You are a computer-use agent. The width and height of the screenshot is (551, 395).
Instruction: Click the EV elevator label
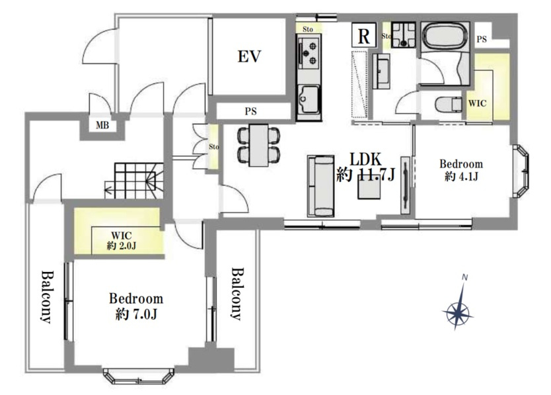coord(250,56)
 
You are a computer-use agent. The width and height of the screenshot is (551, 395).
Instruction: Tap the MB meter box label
coord(102,125)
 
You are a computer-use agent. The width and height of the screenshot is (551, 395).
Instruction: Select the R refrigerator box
coord(364,35)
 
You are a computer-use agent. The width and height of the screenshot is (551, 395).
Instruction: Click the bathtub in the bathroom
coord(445,37)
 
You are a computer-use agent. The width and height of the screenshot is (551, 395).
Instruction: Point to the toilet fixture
coord(449,105)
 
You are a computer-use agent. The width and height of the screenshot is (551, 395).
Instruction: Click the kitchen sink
coord(309,100)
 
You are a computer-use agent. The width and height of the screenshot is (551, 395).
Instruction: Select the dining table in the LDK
coord(258,145)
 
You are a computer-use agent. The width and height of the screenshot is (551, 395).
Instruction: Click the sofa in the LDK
coord(320,186)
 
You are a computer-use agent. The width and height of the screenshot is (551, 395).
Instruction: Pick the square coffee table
coord(369,187)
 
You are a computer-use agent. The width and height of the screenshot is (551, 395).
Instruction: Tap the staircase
coord(134,181)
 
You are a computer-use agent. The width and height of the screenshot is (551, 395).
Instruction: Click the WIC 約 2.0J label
coord(122,240)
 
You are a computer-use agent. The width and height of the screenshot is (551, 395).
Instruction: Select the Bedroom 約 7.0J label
coord(136,306)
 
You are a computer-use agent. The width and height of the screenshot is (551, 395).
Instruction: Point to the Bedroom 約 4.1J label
coord(461,169)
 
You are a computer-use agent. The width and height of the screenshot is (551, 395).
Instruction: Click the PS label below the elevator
coord(251,112)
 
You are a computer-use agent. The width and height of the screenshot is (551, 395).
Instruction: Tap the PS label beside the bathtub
coord(482,39)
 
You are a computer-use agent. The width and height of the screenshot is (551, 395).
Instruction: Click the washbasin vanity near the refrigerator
coord(381,71)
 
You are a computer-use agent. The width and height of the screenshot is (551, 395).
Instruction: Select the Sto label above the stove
coord(308,29)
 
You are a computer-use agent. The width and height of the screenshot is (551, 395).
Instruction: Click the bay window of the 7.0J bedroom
coord(139,376)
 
